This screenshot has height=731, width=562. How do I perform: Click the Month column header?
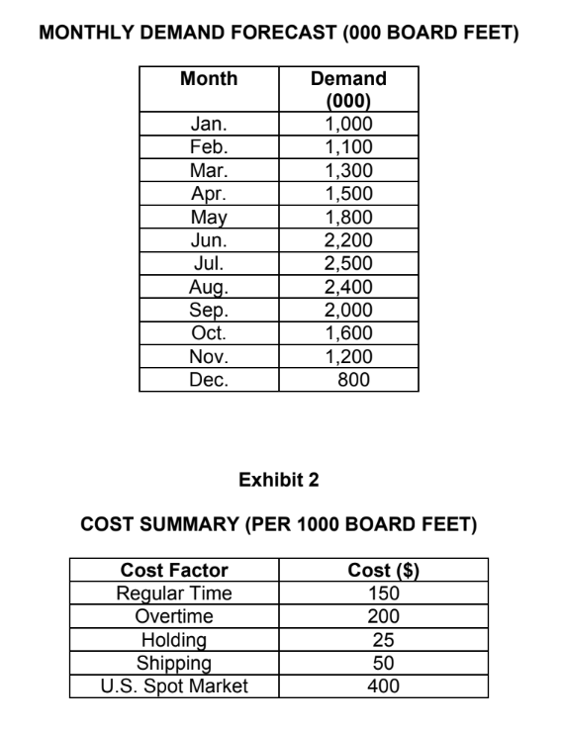tap(209, 78)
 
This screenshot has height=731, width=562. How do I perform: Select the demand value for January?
tap(348, 126)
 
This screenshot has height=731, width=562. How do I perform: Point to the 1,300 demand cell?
tap(348, 164)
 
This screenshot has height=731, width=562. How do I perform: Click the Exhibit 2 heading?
tap(280, 481)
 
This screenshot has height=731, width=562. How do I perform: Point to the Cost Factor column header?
tap(174, 570)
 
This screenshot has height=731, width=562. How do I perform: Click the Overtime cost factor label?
tap(174, 614)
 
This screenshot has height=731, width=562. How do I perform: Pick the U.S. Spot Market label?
tap(174, 685)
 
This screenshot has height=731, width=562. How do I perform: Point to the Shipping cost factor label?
tap(174, 662)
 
